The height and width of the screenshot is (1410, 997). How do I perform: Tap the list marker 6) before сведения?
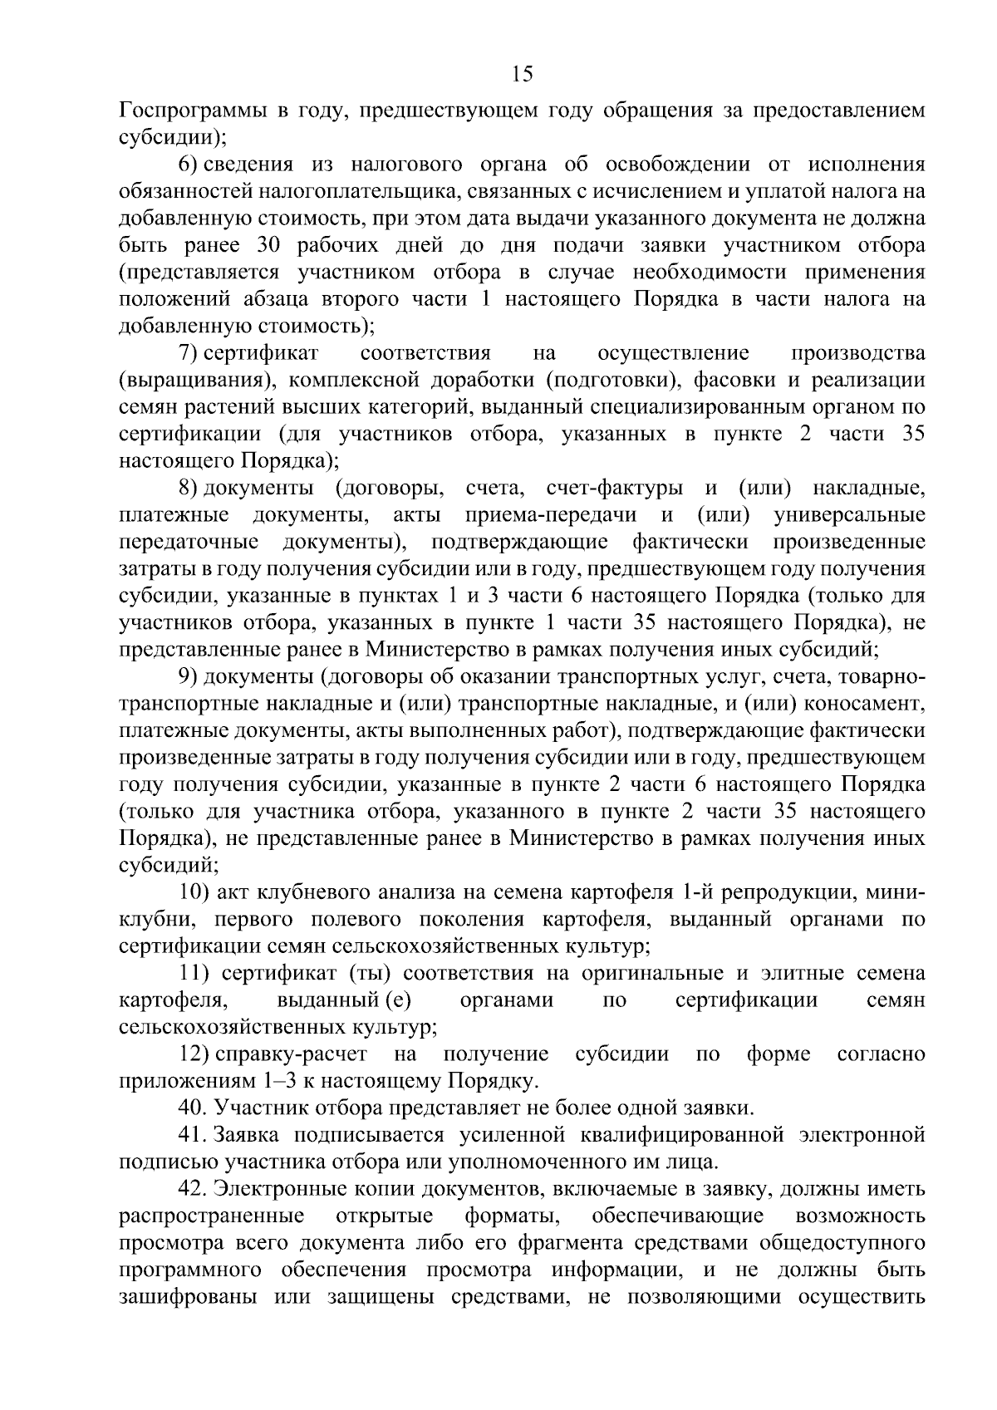[x=190, y=165]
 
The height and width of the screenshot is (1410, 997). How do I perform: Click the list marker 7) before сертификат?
[x=190, y=353]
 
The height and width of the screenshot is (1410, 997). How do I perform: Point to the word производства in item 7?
[x=857, y=353]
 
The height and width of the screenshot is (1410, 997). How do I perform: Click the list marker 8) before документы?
[x=190, y=488]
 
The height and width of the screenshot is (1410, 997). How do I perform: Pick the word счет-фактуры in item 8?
[x=616, y=488]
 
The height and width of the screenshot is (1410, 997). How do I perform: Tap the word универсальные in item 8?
[x=849, y=515]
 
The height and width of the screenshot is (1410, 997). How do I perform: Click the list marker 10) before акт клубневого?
[x=194, y=893]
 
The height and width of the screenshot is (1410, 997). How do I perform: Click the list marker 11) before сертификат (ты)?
[x=194, y=974]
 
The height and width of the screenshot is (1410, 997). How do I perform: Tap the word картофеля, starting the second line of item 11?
[x=172, y=1001]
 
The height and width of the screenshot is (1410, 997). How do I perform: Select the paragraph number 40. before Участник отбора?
[x=194, y=1108]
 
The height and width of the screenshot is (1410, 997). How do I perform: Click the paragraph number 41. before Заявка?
[x=194, y=1136]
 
